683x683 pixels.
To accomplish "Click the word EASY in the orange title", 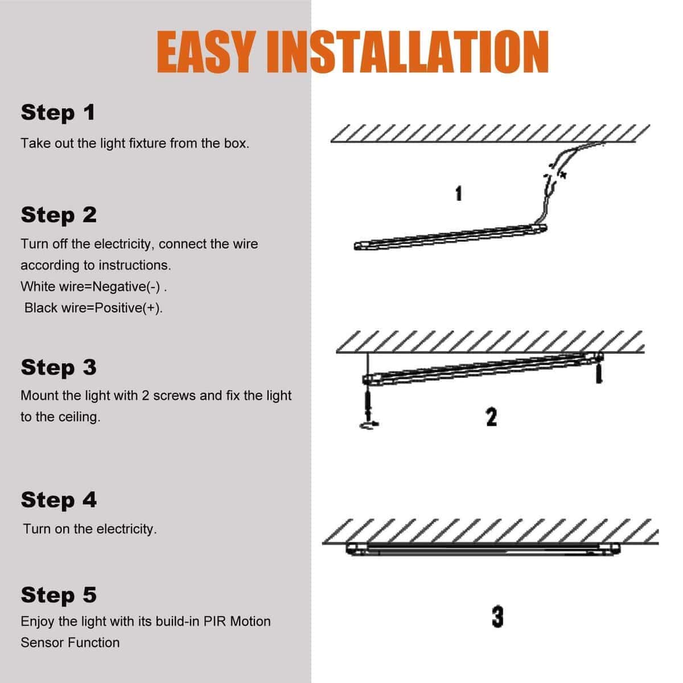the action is [x=206, y=52].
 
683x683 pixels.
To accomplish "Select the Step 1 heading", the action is [x=58, y=113].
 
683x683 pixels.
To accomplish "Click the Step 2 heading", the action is [x=59, y=215].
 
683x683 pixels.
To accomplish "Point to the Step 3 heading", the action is [x=59, y=368].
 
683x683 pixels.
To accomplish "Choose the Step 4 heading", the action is [x=59, y=500].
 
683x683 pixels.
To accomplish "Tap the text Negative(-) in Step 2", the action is [x=126, y=287].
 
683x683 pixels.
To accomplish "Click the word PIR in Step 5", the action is [x=215, y=622].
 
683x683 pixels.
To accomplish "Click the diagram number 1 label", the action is [x=459, y=194].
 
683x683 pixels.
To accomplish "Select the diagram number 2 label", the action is [x=492, y=417].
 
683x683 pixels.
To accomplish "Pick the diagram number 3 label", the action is [x=497, y=617].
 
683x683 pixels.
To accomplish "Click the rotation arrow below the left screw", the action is [x=369, y=425].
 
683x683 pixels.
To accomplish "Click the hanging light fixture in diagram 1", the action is [x=450, y=237].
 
